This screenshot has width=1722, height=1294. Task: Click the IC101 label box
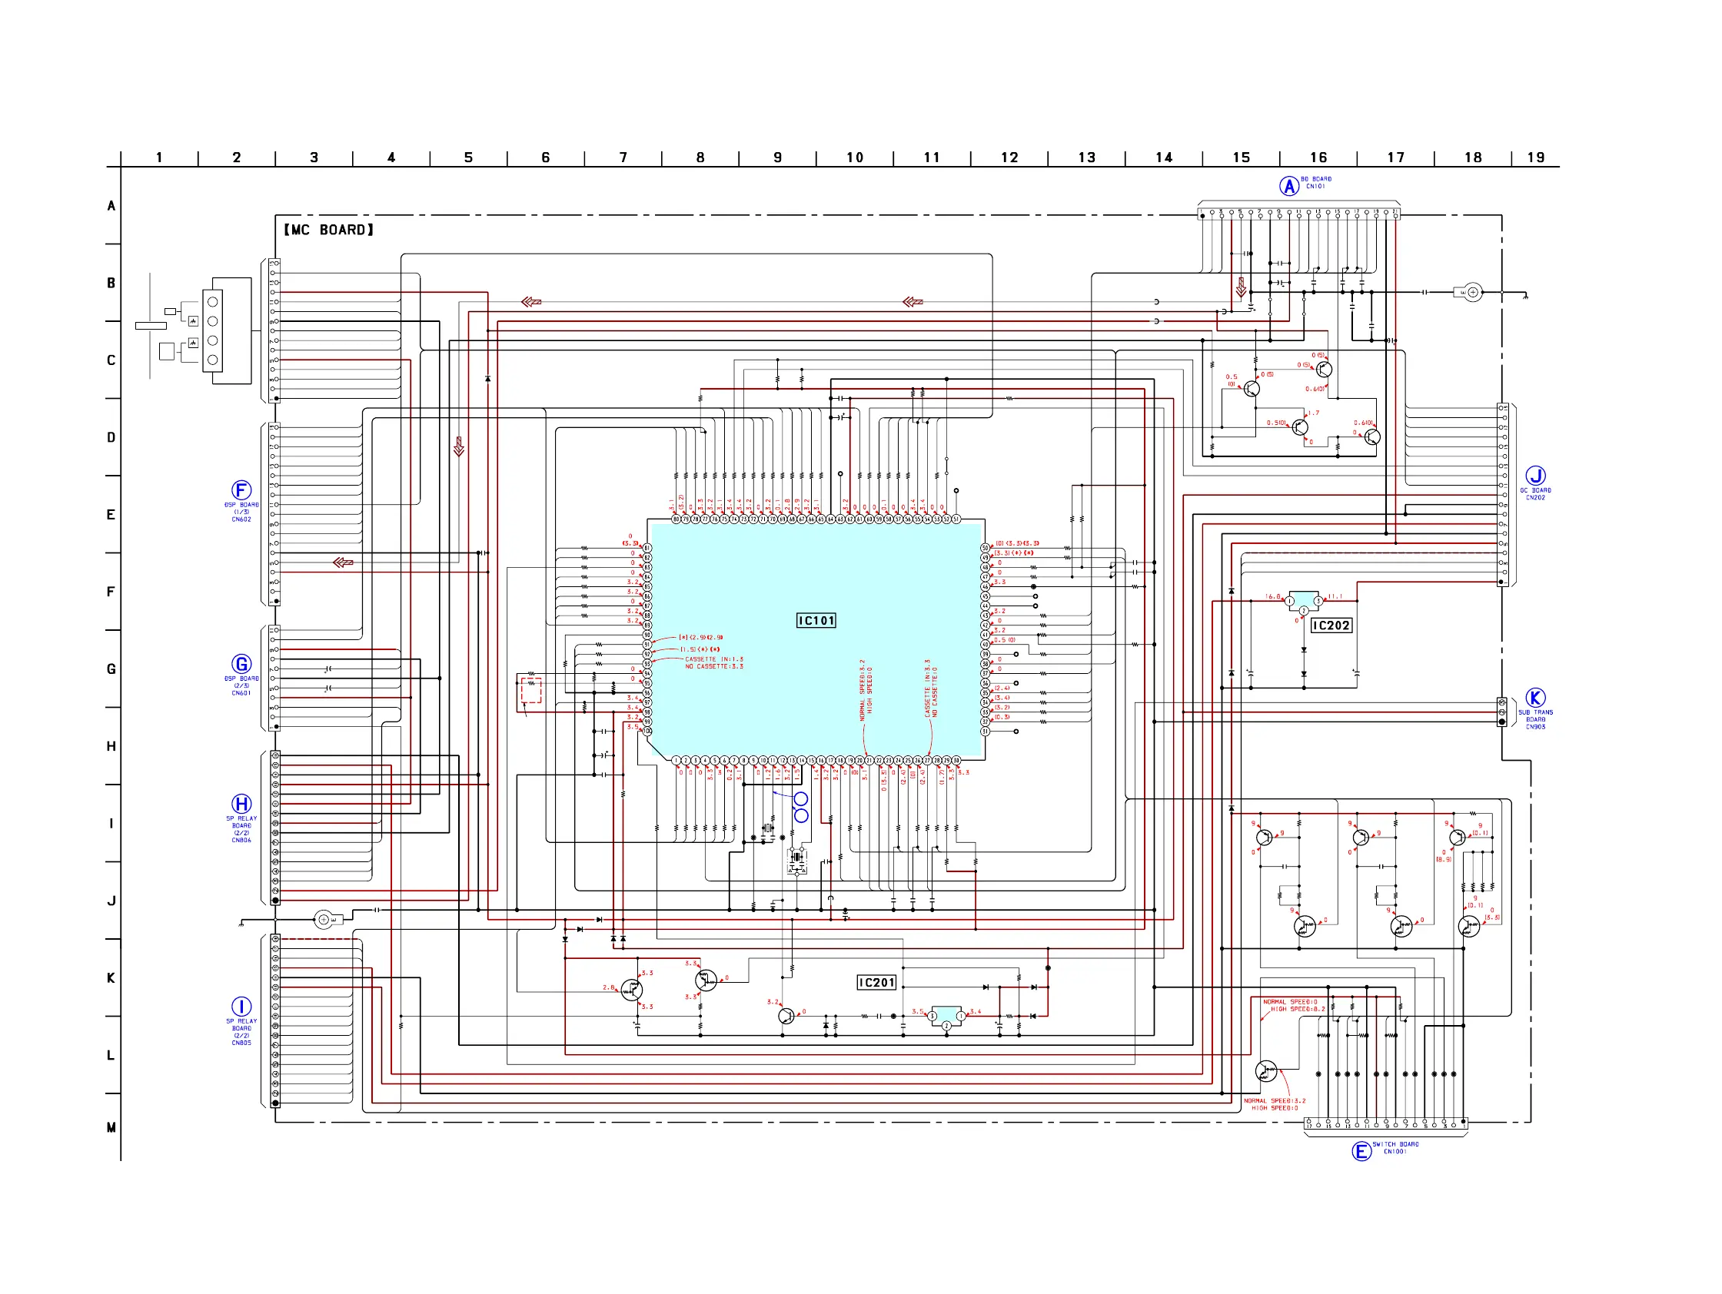pos(816,620)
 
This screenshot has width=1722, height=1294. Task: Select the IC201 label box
pos(876,983)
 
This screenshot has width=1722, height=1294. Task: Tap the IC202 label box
pos(1331,625)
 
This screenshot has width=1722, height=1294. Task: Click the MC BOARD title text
pos(328,230)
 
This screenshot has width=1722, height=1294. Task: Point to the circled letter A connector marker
pos(1289,186)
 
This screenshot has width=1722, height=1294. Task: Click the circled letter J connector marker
pos(1535,476)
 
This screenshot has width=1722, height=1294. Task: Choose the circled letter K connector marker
pos(1535,697)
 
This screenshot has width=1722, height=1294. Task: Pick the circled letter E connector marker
pos(1361,1151)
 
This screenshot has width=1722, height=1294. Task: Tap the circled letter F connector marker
pos(241,489)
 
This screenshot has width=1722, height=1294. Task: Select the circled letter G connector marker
pos(241,664)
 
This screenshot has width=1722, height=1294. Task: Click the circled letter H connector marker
pos(241,804)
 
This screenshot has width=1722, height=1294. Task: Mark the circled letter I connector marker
pos(241,1006)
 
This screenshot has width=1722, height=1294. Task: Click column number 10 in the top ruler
pos(855,158)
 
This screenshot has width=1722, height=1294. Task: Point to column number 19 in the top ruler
pos(1535,158)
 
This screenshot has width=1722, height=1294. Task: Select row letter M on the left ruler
pos(111,1127)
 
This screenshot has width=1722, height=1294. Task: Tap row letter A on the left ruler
pos(111,206)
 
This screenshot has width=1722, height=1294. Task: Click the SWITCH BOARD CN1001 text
pos(1395,1148)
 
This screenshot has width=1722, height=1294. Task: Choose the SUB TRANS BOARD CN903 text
pos(1535,719)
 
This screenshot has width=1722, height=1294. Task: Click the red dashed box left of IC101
pos(531,689)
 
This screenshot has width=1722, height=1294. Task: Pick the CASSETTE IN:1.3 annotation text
pos(714,659)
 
